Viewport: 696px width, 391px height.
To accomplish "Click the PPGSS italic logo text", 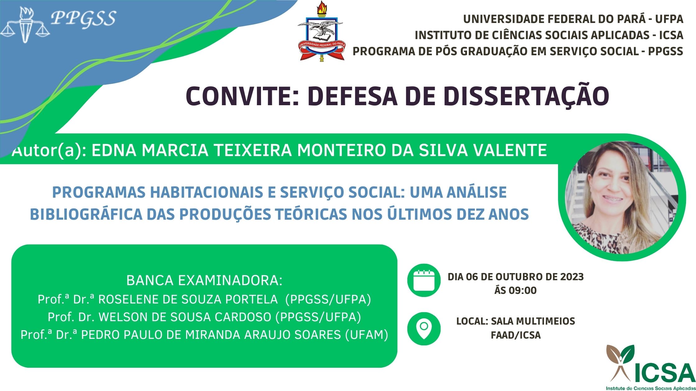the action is (84, 19).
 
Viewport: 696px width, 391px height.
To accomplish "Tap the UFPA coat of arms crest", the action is (321, 31).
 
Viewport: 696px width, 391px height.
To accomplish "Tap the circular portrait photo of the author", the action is (621, 197).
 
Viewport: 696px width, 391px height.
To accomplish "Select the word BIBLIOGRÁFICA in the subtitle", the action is (86, 214).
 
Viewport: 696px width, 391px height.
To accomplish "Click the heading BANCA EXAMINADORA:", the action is (204, 281).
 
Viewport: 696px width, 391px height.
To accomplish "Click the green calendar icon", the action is (424, 280).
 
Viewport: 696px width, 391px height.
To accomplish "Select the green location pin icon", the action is (424, 329).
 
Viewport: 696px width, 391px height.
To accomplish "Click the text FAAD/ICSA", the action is (516, 335).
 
